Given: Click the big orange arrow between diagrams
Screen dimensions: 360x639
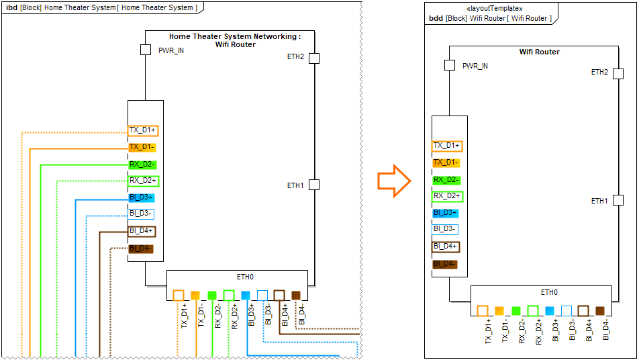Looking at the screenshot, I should tap(393, 181).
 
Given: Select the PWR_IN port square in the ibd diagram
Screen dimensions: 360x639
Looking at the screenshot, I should tap(145, 50).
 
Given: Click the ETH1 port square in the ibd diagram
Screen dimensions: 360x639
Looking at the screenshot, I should tap(313, 185).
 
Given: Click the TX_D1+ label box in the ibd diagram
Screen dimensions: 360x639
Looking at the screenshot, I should tap(142, 130).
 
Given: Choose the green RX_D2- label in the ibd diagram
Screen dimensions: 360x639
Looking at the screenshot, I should tap(142, 164).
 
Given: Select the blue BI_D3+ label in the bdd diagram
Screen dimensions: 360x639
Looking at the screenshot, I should tap(446, 213).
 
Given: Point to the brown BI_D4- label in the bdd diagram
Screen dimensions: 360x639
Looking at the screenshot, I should tap(446, 264).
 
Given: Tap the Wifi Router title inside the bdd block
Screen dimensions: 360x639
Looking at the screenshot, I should tap(539, 52).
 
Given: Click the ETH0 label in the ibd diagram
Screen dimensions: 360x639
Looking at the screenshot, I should tap(246, 277).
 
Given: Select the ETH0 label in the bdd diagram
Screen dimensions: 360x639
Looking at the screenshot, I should tap(550, 292).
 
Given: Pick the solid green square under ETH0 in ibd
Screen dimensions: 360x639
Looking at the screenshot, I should tap(212, 295).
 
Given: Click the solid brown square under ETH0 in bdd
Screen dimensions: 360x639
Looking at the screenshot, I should tap(600, 311).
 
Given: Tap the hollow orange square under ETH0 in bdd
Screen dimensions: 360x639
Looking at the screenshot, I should tap(482, 311).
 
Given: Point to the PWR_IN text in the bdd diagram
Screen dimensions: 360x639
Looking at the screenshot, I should tap(475, 66).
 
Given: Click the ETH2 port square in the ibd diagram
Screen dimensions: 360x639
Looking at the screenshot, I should tap(313, 58).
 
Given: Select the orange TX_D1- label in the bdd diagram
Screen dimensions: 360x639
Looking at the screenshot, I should tap(446, 163).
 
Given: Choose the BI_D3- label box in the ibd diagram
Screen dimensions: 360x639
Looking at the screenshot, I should tap(142, 214).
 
